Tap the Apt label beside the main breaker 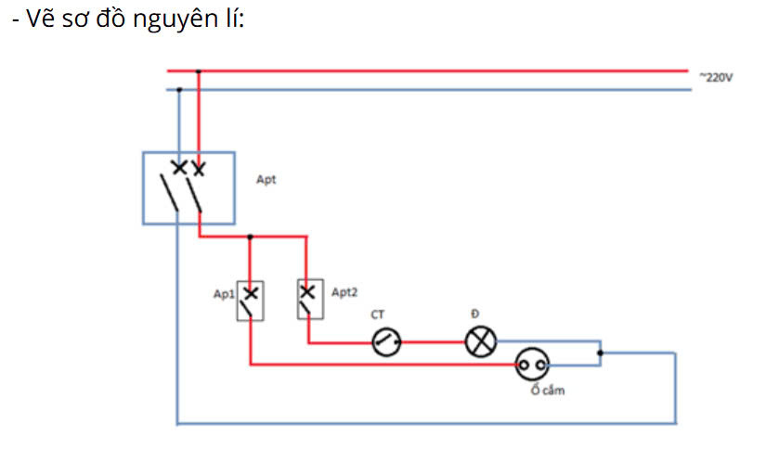click(266, 179)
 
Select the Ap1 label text click(223, 293)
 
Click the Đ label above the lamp click(474, 314)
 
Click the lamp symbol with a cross click(480, 342)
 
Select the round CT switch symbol click(386, 343)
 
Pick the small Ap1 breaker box click(252, 301)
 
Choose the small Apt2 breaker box click(308, 299)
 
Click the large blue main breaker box click(188, 188)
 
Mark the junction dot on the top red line click(198, 71)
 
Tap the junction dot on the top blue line click(179, 90)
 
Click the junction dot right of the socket click(601, 353)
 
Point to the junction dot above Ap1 click(250, 237)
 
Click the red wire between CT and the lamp click(432, 342)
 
